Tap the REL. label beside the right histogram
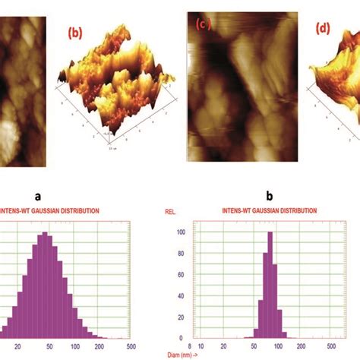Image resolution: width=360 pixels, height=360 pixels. point(172,210)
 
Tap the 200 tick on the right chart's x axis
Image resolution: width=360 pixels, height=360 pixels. point(302,345)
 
